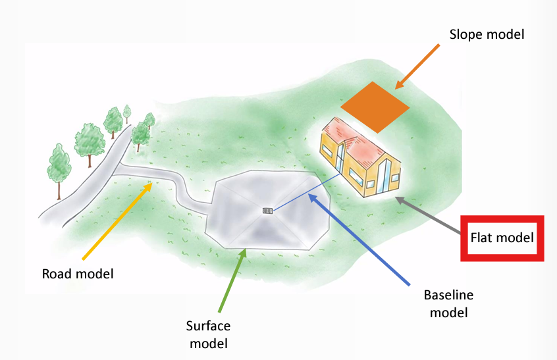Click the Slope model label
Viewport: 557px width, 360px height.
(x=487, y=34)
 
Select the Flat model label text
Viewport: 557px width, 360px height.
(x=502, y=237)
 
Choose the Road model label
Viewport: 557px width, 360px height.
(x=78, y=273)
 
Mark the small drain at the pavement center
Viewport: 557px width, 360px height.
(x=267, y=211)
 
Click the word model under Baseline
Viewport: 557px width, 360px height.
(x=448, y=312)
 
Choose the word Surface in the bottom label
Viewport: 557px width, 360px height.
(x=207, y=326)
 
